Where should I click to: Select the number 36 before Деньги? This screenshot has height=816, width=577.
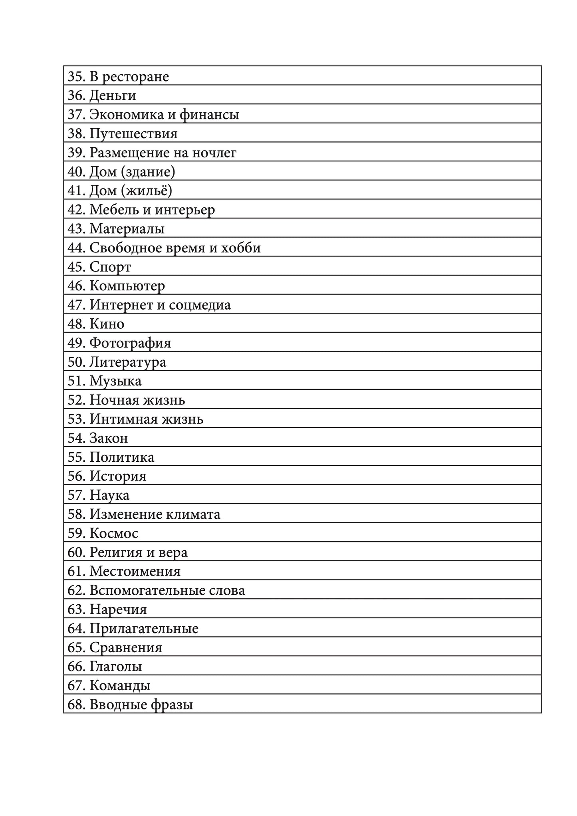pyautogui.click(x=75, y=95)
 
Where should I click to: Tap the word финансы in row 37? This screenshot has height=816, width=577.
pyautogui.click(x=209, y=115)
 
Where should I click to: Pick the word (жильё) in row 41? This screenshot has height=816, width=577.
pyautogui.click(x=146, y=191)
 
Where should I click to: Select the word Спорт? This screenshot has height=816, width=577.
pyautogui.click(x=110, y=267)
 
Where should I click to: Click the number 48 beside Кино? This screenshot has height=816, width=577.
pyautogui.click(x=75, y=324)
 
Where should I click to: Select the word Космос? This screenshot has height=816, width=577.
pyautogui.click(x=114, y=534)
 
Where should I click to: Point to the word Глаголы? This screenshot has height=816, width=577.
pyautogui.click(x=116, y=667)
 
